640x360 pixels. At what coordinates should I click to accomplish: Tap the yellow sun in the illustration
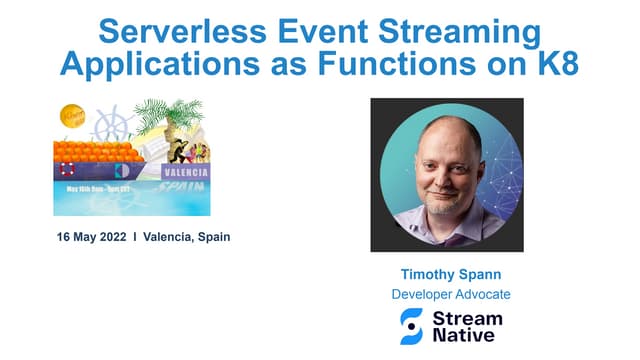73,115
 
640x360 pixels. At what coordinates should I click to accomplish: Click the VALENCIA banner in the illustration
185,172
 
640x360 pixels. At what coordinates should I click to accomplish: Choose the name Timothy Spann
446,274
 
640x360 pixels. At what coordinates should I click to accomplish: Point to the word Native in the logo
462,336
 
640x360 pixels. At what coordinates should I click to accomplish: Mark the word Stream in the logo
467,318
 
